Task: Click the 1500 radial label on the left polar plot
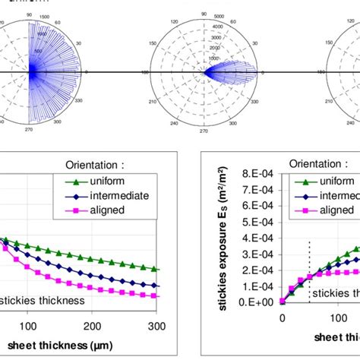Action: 46,16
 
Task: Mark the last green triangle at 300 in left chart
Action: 155,269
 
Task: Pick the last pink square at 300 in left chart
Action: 155,295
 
